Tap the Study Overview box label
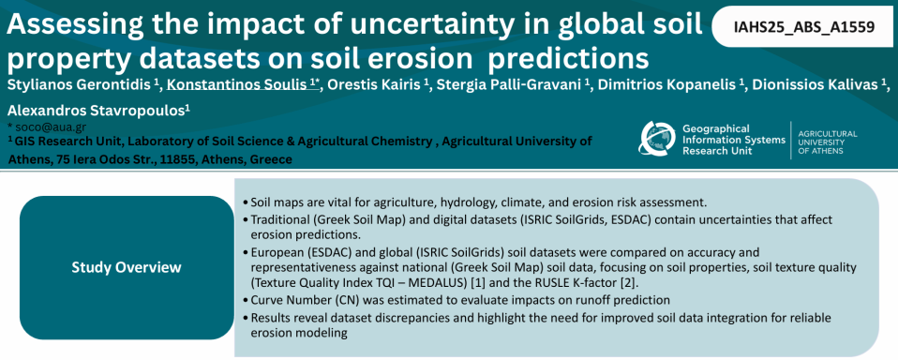click(127, 267)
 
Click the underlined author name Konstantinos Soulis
click(239, 84)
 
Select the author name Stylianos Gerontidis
click(81, 84)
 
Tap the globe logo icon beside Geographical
click(656, 138)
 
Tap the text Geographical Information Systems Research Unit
click(734, 139)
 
